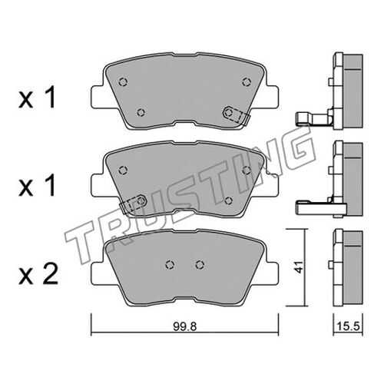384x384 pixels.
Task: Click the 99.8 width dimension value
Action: coord(184,326)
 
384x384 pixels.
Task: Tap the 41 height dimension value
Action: coord(300,267)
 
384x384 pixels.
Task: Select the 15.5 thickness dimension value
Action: coord(349,326)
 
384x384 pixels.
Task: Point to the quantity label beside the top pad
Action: coord(38,98)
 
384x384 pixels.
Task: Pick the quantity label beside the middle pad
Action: coord(38,186)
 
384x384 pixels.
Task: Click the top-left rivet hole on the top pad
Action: coord(124,82)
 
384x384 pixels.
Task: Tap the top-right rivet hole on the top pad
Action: coord(247,82)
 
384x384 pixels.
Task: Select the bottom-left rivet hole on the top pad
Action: coord(141,112)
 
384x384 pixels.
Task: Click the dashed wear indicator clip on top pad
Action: coord(237,116)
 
